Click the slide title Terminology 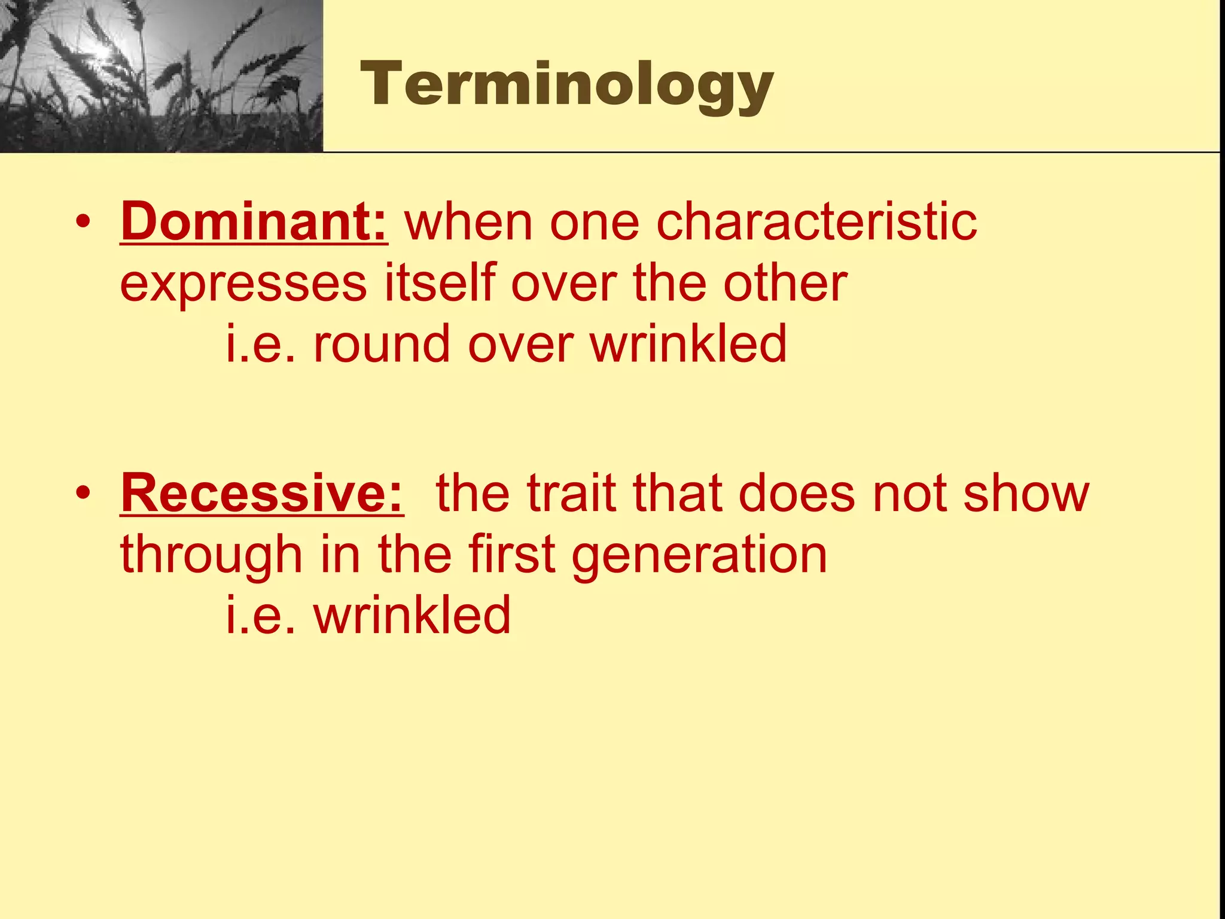pos(566,85)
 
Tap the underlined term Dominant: pos(254,222)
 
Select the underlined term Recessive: pos(262,494)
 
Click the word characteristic pos(816,222)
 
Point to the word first pos(512,555)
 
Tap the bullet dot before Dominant pos(83,223)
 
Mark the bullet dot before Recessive pos(83,494)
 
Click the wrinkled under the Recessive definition pos(412,616)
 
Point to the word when pos(468,222)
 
